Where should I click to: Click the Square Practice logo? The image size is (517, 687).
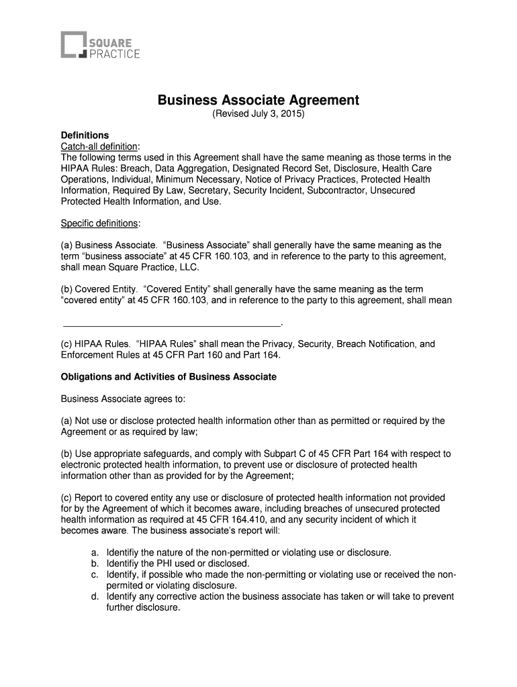point(101,46)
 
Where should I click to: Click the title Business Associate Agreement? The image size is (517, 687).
point(258,101)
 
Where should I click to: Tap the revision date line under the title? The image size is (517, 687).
point(258,115)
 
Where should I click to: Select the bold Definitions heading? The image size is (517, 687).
point(85,136)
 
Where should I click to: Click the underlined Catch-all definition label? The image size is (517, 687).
point(99,146)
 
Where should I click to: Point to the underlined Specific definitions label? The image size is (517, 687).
point(101,223)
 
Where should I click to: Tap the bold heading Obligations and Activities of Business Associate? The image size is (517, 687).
point(169,377)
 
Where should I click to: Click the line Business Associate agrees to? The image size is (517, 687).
point(123,399)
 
